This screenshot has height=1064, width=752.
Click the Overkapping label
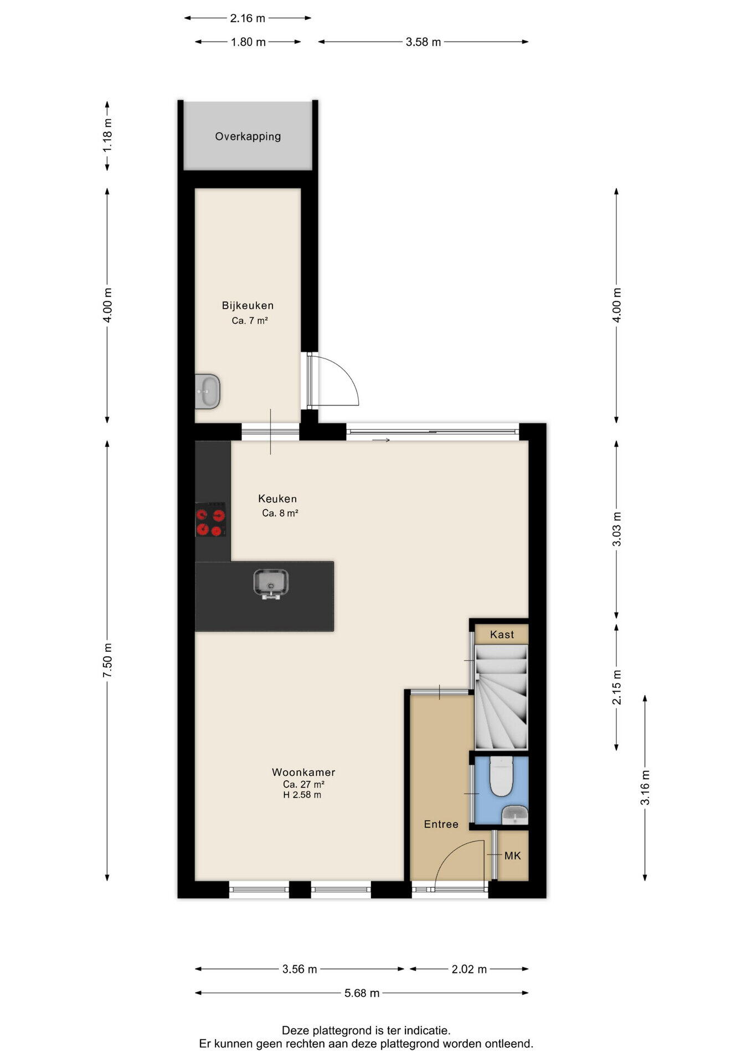248,136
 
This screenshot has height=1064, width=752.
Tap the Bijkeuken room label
248,305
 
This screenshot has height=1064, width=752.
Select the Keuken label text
277,499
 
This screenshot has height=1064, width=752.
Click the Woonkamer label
303,772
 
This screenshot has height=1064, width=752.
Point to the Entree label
441,824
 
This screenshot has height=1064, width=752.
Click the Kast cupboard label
502,635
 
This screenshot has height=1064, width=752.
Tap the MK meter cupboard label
513,856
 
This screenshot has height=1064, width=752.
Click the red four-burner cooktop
210,520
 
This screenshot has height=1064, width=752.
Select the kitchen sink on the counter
271,584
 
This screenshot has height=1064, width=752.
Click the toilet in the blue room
502,776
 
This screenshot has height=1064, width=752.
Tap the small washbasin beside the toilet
515,815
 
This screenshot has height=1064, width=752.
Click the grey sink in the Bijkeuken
208,391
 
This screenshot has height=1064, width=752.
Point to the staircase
501,697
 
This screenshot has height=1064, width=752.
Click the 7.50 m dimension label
107,660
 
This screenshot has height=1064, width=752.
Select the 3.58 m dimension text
423,42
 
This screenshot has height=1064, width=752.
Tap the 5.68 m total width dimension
362,993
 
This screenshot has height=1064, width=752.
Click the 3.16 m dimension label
645,787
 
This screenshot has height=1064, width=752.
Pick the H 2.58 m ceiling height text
302,795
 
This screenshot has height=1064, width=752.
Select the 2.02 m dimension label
469,969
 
